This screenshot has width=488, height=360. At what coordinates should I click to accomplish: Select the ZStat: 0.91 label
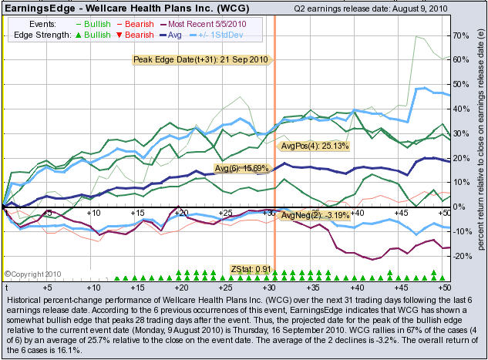pyautogui.click(x=252, y=268)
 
